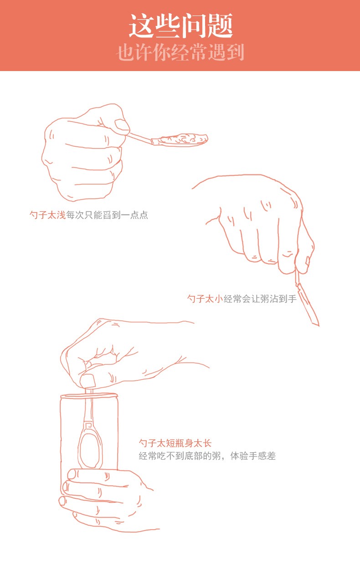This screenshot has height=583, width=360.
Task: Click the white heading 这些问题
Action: pos(180,26)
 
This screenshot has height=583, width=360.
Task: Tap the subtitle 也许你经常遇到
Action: pos(180,52)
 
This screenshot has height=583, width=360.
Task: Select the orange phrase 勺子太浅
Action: pos(47,215)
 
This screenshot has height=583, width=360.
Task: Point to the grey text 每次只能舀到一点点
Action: pos(107,215)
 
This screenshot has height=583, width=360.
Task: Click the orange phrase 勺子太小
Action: pos(205,298)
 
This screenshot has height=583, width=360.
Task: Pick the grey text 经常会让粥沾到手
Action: pos(260,298)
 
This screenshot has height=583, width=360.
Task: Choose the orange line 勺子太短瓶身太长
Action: pos(175,443)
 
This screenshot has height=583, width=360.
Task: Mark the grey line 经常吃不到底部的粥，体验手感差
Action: pos(207,456)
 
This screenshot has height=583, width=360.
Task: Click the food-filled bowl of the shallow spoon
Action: pos(182,139)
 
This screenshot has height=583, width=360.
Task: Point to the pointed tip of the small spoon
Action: pos(319,325)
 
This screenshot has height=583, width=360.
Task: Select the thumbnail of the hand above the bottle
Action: pos(87,381)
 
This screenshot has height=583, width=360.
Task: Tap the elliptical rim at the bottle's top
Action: pos(89,396)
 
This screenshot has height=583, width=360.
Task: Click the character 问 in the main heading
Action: pos(193,26)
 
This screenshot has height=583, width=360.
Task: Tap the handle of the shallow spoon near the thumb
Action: pos(141,138)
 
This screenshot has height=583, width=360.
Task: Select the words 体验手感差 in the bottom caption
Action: pos(253,456)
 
